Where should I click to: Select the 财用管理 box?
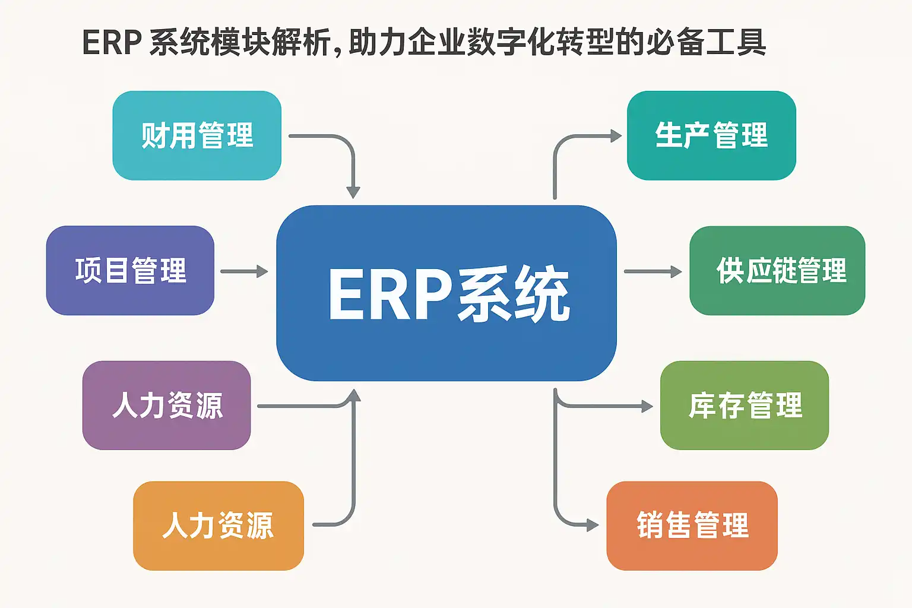tap(197, 135)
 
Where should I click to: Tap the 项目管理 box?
tap(130, 271)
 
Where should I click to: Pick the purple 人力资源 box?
tap(166, 406)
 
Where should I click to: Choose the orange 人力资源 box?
tap(218, 525)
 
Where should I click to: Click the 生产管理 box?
tap(711, 135)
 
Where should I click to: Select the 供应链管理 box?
tap(777, 271)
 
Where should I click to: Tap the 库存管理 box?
tap(745, 406)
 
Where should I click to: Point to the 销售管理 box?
tap(692, 525)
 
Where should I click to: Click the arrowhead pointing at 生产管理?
tap(616, 136)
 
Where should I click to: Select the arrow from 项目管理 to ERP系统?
tap(244, 271)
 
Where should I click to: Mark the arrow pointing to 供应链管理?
tap(653, 271)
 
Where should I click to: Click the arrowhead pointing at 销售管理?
tap(592, 525)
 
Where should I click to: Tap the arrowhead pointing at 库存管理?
tap(647, 406)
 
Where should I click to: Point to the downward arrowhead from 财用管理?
tap(353, 192)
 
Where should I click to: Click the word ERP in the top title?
tap(112, 43)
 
